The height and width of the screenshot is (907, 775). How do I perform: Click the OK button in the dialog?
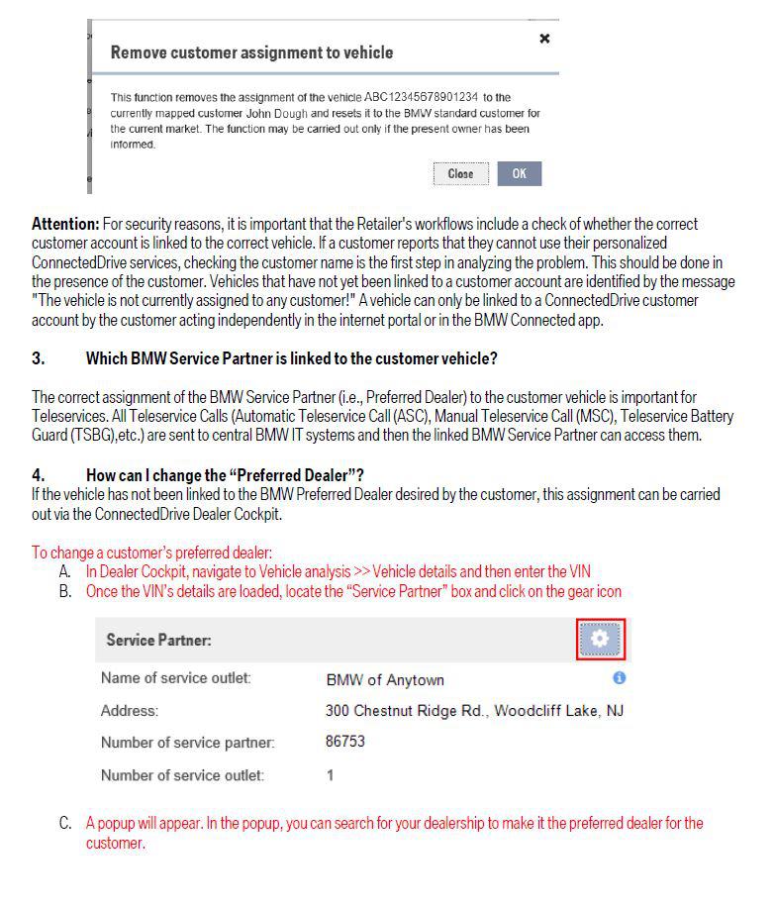(x=520, y=174)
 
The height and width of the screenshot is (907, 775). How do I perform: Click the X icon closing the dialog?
(x=544, y=39)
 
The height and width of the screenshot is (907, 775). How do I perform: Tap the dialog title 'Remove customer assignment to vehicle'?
(x=251, y=52)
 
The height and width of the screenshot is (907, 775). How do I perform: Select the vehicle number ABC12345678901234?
(x=422, y=97)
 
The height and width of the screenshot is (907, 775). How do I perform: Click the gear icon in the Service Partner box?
(x=600, y=640)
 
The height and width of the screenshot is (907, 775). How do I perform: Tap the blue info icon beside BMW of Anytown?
(x=620, y=678)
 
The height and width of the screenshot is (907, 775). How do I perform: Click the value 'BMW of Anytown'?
(x=385, y=680)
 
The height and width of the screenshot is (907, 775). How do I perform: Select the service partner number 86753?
(x=345, y=742)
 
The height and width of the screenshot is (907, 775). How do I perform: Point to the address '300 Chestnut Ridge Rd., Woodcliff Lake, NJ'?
(x=474, y=711)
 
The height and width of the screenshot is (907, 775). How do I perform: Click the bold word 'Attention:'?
(x=65, y=225)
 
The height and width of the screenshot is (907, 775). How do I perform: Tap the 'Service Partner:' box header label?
(x=159, y=641)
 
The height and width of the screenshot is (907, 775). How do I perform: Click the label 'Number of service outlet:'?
(x=182, y=775)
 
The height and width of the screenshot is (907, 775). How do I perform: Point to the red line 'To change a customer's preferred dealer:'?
(x=151, y=553)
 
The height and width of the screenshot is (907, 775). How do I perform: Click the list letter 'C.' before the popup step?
(x=65, y=824)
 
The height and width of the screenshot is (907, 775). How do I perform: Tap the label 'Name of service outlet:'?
(x=176, y=678)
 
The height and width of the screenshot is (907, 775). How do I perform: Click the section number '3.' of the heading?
(x=39, y=358)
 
